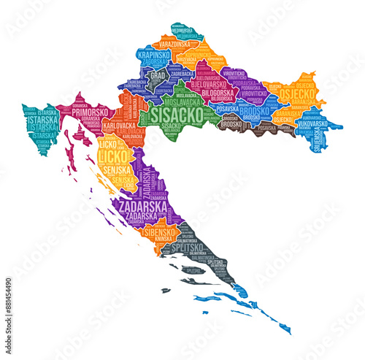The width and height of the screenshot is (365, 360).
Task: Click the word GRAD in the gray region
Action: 158,74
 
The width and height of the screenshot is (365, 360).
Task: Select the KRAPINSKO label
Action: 153,55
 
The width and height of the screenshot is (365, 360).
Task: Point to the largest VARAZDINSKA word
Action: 174,45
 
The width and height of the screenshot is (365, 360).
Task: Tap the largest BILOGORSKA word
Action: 216,93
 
